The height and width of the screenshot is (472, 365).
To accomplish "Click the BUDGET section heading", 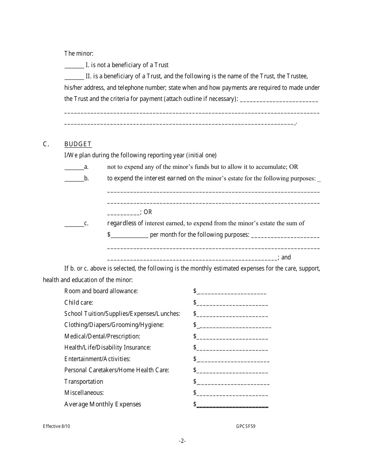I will pyautogui.click(x=78, y=144).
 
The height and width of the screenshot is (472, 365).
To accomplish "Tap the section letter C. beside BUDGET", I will pyautogui.click(x=46, y=144).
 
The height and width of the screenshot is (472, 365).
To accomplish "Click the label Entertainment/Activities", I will pyautogui.click(x=97, y=359).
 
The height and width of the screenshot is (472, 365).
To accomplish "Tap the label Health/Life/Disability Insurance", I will pyautogui.click(x=108, y=348).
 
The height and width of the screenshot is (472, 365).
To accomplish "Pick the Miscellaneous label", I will pyautogui.click(x=84, y=393).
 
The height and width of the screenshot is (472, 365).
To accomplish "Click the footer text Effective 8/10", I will pyautogui.click(x=56, y=426).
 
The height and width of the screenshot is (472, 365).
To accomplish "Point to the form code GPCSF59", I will pyautogui.click(x=246, y=426).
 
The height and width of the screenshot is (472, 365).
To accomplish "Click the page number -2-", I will pyautogui.click(x=182, y=441).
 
